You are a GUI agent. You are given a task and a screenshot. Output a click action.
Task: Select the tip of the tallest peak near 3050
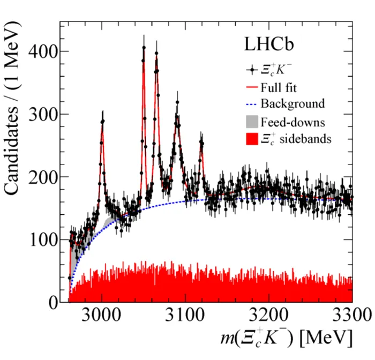click(144, 47)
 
